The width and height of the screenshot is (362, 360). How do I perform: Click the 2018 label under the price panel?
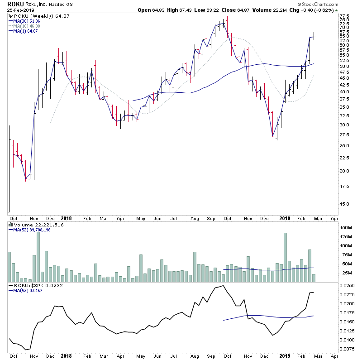pos(67,217)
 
